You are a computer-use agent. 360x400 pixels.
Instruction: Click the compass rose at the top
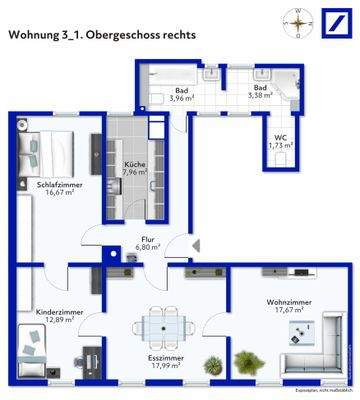tap(295, 20)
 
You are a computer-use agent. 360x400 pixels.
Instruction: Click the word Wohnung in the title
tap(33, 34)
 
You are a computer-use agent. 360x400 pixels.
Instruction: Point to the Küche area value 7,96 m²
tap(134, 171)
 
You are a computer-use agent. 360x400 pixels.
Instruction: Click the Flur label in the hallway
tap(148, 239)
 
